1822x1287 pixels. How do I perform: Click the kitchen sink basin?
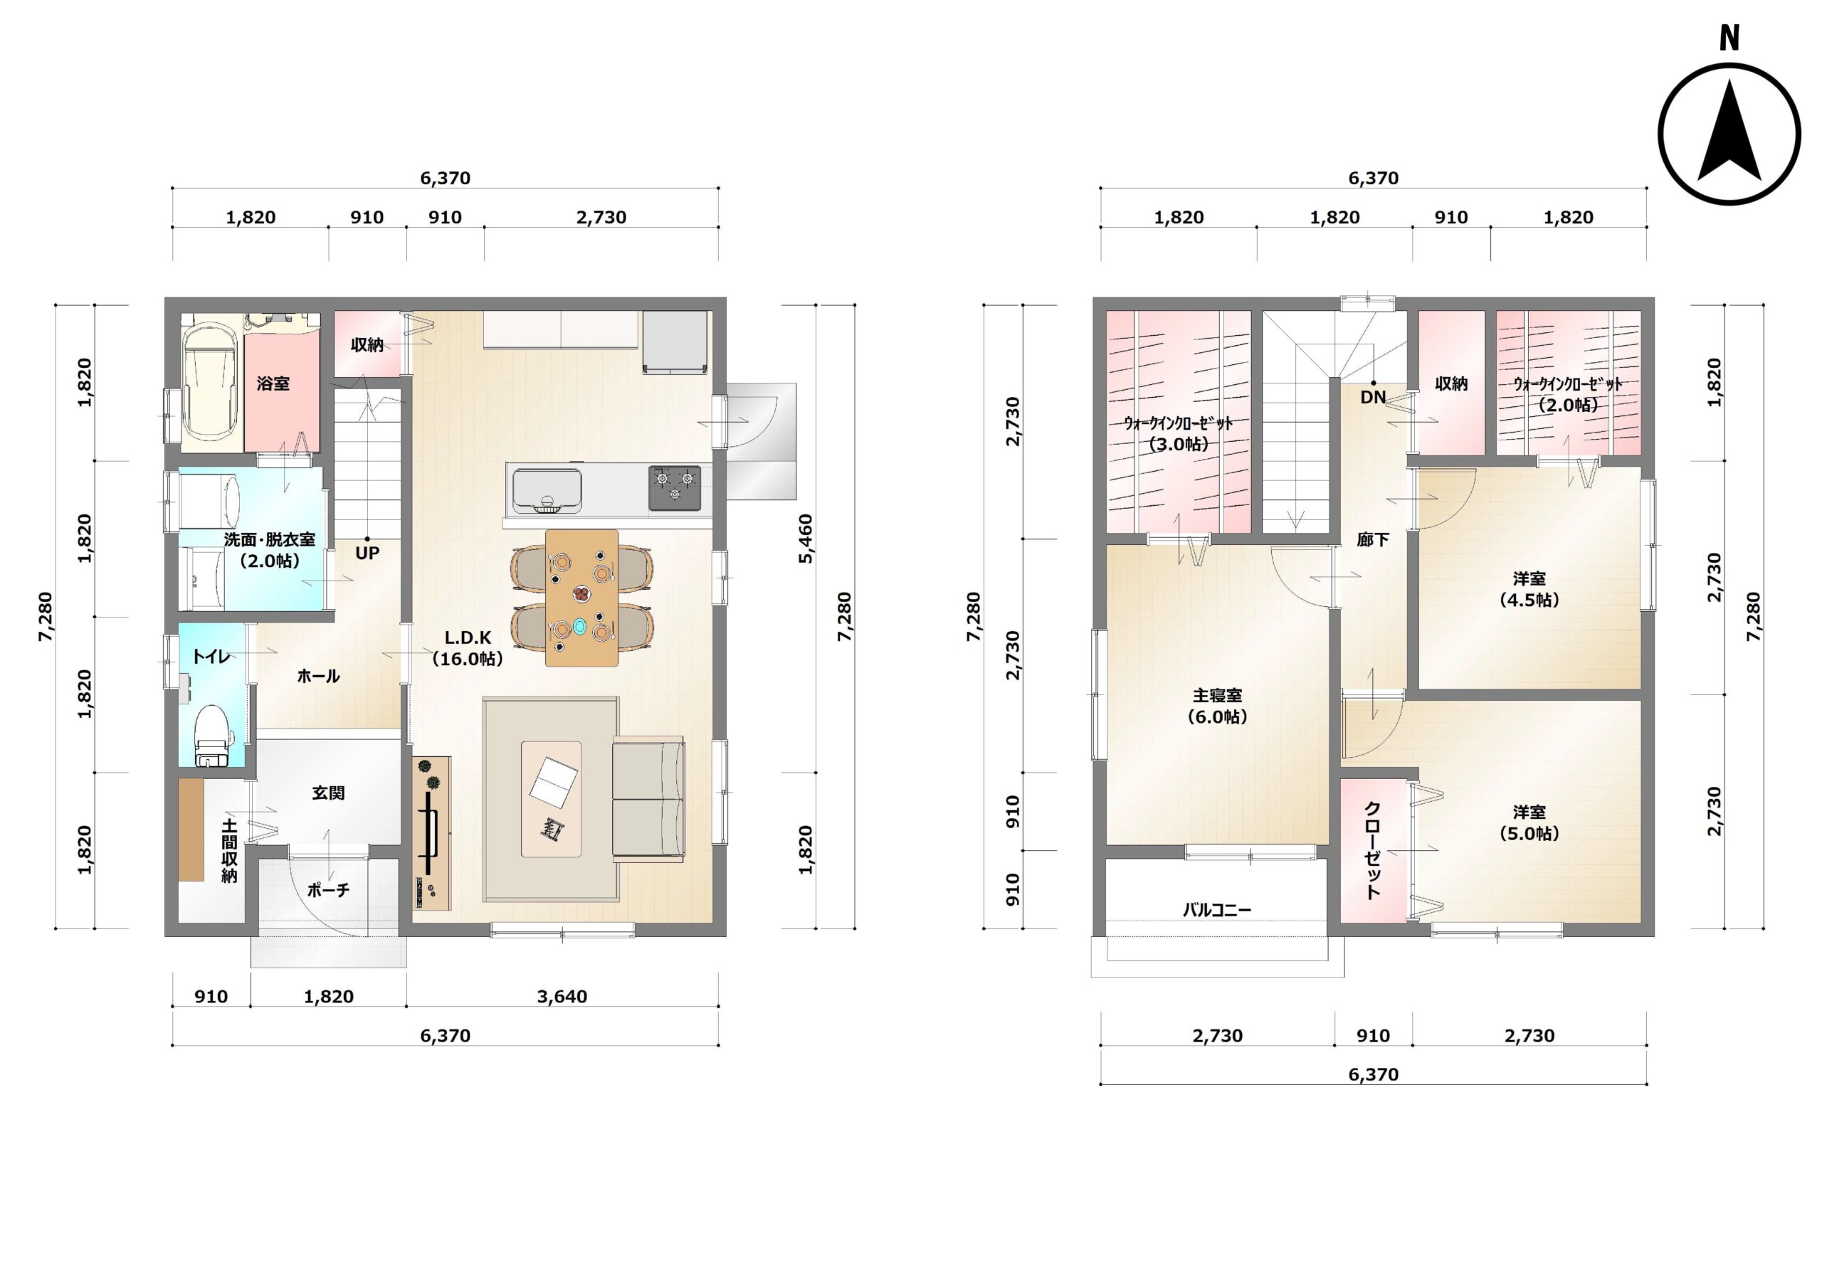click(546, 490)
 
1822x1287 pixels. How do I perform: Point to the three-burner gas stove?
click(675, 488)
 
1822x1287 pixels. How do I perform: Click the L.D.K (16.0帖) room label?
click(468, 647)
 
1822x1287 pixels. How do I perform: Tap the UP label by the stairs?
click(367, 553)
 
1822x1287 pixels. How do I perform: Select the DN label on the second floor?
click(1373, 397)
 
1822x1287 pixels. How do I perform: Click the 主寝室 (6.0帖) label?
click(1217, 705)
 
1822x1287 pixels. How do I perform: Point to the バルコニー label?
click(1216, 910)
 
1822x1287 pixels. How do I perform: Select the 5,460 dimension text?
click(806, 539)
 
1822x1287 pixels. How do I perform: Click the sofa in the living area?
click(648, 799)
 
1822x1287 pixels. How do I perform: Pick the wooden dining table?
click(581, 598)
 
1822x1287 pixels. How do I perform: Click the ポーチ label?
click(329, 890)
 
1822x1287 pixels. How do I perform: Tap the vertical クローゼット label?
click(1372, 851)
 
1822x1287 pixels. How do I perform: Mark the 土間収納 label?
click(229, 851)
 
